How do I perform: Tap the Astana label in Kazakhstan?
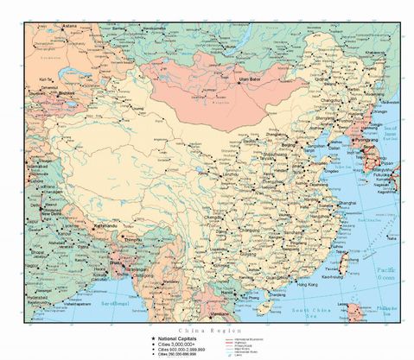point(69,26)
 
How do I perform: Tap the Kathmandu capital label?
point(105,225)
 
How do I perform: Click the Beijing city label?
point(290,144)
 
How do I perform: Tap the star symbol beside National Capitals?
point(151,338)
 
